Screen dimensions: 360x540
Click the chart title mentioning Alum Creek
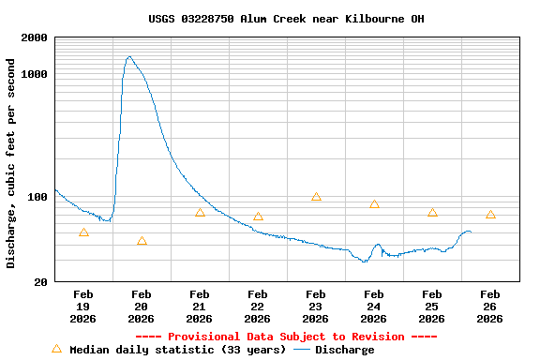point(286,19)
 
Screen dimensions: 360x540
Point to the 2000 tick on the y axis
point(35,38)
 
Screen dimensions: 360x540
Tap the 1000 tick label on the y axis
point(35,74)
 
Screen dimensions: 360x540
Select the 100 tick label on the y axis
point(37,197)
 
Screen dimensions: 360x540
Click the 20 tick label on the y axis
point(41,282)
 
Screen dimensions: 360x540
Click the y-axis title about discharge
point(11,163)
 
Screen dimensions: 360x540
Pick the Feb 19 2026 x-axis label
point(83,307)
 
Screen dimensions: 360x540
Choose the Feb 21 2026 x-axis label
point(200,307)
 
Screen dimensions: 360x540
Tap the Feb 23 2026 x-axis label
point(316,307)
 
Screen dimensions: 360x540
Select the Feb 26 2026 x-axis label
point(490,307)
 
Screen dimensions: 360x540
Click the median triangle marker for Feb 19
point(83,232)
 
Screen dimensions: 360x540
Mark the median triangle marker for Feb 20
point(142,241)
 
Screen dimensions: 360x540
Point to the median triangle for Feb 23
point(316,197)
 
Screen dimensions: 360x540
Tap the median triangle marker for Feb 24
point(374,204)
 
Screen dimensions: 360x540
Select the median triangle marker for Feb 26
point(490,215)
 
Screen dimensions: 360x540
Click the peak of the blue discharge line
point(128,56)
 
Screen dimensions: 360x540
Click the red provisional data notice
point(286,337)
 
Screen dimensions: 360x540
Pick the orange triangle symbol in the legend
point(56,349)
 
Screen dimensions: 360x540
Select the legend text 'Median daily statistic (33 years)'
point(177,350)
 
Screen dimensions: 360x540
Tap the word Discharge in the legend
point(344,350)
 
